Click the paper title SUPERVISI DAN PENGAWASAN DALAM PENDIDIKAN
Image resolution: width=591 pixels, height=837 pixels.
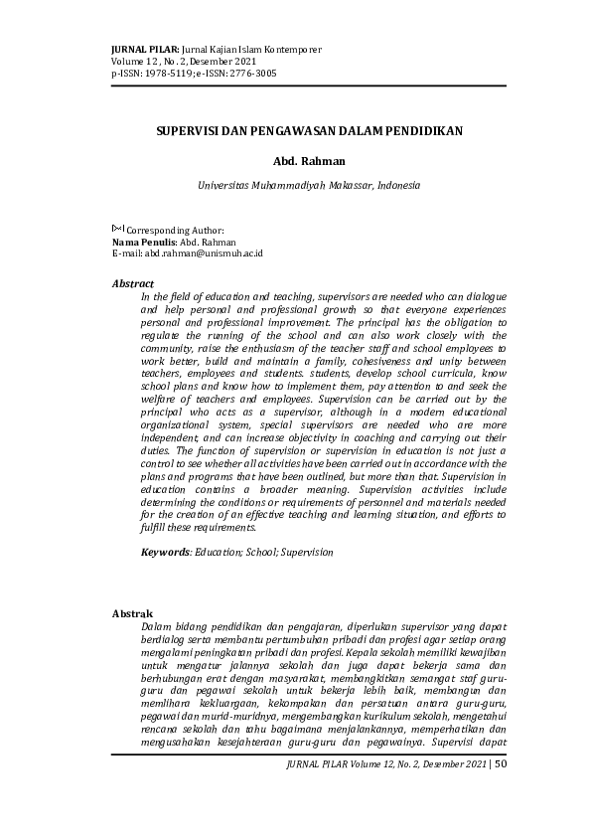[x=309, y=131]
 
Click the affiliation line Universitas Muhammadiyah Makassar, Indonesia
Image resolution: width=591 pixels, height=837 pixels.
[x=309, y=185]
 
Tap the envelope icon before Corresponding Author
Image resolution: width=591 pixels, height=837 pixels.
[x=118, y=229]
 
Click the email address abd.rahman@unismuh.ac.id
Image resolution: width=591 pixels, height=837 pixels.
[x=205, y=253]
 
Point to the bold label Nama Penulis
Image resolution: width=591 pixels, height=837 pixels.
[x=145, y=242]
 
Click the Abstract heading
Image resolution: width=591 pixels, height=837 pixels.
[x=133, y=283]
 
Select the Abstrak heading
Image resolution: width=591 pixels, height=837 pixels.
[x=132, y=614]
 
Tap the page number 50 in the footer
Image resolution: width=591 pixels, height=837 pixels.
[x=500, y=764]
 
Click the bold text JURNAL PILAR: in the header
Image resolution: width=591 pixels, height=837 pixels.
[x=146, y=49]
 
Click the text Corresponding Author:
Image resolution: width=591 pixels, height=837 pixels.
[x=175, y=230]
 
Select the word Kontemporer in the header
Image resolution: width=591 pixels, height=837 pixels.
[x=292, y=49]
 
